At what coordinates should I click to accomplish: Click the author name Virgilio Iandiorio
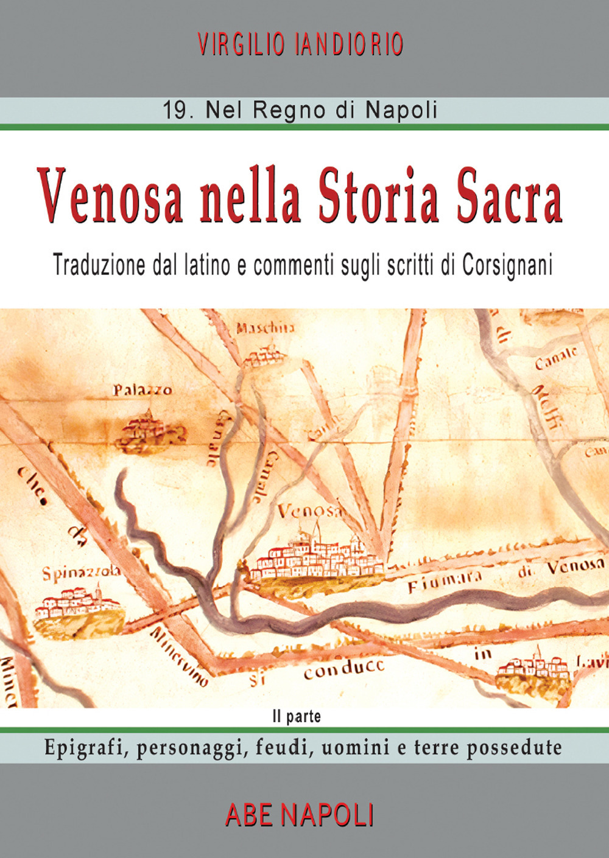pos(300,45)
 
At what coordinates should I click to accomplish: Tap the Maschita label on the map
pos(265,328)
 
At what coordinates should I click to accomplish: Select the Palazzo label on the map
pos(143,390)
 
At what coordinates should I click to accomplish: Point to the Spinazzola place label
pos(81,573)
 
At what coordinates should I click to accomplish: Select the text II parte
pos(297,717)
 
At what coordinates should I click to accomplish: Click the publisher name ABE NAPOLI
pos(299,815)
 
